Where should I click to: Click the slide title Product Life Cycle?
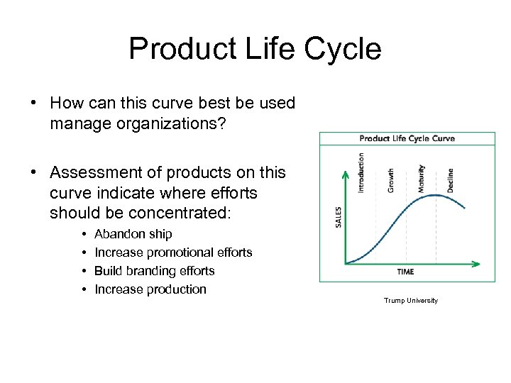point(255,49)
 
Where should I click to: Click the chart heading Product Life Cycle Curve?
point(407,138)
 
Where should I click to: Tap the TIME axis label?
point(405,272)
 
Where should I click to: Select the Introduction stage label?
point(361,172)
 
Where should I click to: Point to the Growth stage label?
point(390,179)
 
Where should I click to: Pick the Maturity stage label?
point(421,178)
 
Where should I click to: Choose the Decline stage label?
point(450,180)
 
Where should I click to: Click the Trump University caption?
point(411,301)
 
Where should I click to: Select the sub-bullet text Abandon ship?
point(133,234)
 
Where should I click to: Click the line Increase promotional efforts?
point(173,252)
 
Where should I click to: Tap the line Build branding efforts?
point(154,271)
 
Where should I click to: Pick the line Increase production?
point(150,289)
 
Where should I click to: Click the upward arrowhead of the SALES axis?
point(345,174)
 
